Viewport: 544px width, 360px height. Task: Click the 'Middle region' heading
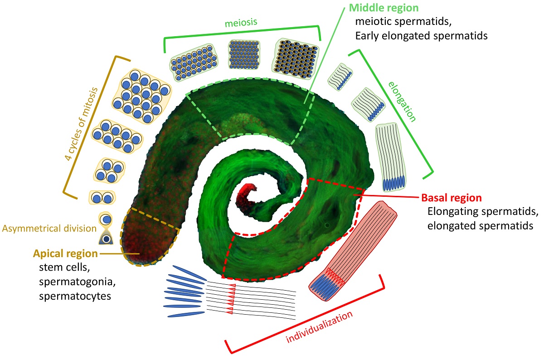[x=384, y=8]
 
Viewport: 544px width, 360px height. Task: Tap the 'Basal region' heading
[x=451, y=198]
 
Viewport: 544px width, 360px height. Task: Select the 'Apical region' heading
[x=65, y=253]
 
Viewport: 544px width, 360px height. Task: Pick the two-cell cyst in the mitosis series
[x=102, y=198]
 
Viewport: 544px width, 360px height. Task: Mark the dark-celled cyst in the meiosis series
[x=296, y=55]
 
